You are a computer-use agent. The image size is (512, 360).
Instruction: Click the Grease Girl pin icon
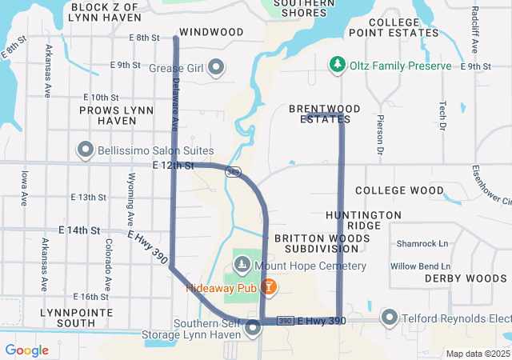tap(214, 69)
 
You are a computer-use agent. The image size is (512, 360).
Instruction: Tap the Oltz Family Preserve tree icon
tap(338, 65)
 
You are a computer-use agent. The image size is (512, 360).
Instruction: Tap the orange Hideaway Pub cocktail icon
tap(269, 286)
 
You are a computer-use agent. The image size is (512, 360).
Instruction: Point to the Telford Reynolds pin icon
tap(390, 318)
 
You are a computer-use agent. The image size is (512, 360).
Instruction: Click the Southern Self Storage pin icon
tap(254, 328)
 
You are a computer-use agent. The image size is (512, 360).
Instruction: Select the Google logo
tap(27, 350)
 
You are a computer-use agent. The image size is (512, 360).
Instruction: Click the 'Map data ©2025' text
tap(477, 354)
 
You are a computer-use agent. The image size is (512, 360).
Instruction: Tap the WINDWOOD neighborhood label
tap(211, 32)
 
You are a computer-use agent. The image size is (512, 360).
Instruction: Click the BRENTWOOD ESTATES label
tap(324, 114)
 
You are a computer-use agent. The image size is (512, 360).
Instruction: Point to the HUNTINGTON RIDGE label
tap(363, 221)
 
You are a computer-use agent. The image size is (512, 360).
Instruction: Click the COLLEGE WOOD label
tap(399, 190)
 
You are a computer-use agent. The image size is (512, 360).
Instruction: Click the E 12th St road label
tap(173, 166)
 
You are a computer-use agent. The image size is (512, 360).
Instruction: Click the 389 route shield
tap(233, 171)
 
